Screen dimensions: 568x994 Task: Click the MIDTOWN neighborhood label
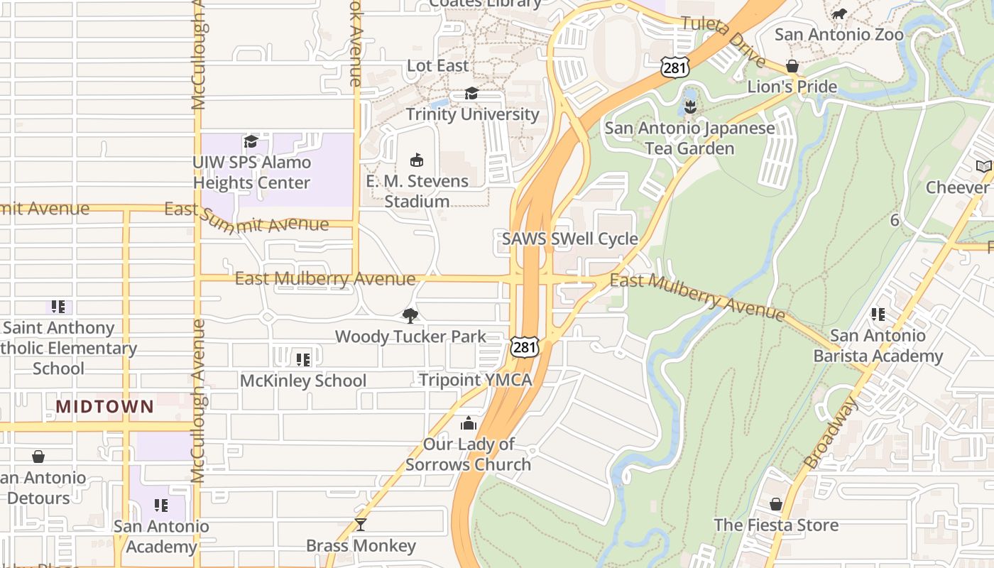coord(105,407)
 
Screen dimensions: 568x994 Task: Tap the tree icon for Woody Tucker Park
coord(410,315)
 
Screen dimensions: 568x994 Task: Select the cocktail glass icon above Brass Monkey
coord(361,525)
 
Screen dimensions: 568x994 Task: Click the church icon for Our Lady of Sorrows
coord(469,423)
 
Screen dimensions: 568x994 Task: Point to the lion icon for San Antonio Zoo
coord(839,13)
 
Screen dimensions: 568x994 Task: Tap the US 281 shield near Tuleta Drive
coord(671,67)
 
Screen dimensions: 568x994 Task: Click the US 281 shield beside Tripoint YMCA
coord(524,347)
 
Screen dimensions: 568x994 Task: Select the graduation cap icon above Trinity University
coord(471,94)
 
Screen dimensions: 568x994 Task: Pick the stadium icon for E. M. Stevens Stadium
coord(417,160)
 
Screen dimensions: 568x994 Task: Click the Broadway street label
coord(831,432)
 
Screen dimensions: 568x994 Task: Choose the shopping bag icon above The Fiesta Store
coord(776,504)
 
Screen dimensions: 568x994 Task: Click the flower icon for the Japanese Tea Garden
coord(689,107)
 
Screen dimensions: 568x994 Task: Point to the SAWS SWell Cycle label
coord(570,239)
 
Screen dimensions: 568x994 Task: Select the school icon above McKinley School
coord(303,360)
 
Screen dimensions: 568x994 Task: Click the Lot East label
coord(437,65)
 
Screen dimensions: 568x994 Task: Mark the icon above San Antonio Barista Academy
coord(878,314)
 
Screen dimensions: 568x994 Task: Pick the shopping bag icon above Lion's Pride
coord(792,66)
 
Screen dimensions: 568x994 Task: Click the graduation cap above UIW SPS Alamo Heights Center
coord(251,141)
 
